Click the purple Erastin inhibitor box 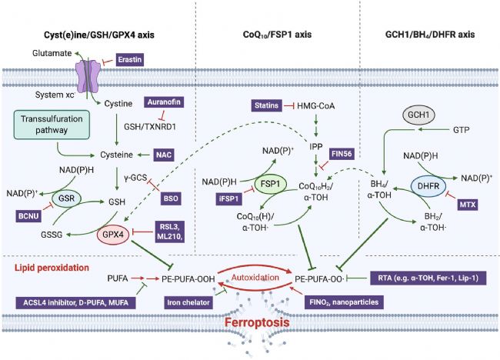(x=130, y=60)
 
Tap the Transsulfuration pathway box (x=52, y=125)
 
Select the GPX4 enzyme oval (x=113, y=235)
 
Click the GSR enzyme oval (x=67, y=198)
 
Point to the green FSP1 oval (x=271, y=185)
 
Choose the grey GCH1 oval (x=418, y=115)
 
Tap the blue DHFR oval (x=428, y=186)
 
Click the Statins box (x=267, y=105)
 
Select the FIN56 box (x=342, y=154)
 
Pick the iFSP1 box (x=228, y=199)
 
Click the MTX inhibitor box (x=468, y=205)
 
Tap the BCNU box (x=28, y=216)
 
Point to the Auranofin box (x=164, y=102)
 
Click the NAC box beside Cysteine (x=164, y=155)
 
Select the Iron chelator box (x=188, y=302)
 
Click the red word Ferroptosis (x=257, y=322)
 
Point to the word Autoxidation (x=255, y=278)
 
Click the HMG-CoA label (x=315, y=106)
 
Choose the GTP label (x=461, y=130)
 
